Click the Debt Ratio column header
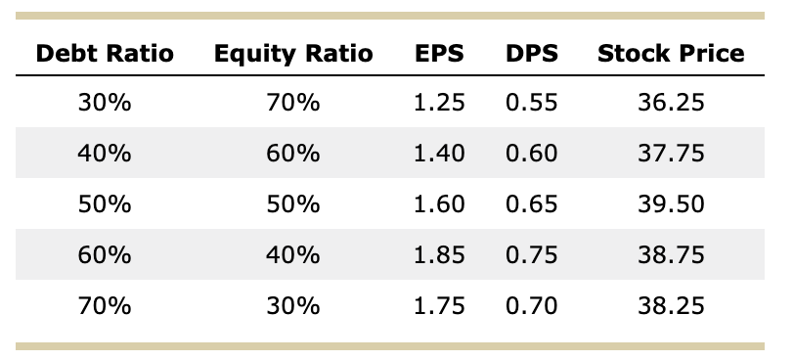[104, 54]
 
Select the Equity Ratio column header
[293, 54]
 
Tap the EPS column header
[438, 54]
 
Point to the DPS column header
[532, 54]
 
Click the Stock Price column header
[671, 54]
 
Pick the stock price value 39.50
[671, 204]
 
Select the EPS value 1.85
[438, 255]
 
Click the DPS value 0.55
[532, 103]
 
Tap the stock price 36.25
[671, 103]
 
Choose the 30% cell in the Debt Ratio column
[104, 103]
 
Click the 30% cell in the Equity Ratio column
[293, 306]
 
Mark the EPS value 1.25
[438, 103]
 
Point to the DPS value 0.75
[532, 255]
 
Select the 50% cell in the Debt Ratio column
[104, 204]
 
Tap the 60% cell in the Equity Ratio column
[293, 154]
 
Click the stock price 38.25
[671, 306]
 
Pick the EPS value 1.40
[438, 154]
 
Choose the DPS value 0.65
[532, 204]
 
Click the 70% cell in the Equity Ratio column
[293, 103]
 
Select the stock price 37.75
[671, 154]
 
